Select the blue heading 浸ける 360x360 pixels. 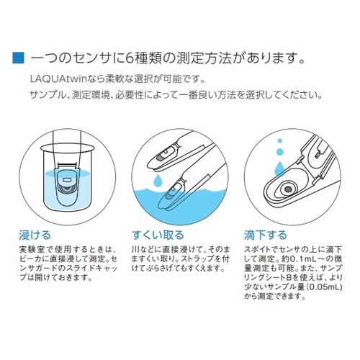(x=37, y=235)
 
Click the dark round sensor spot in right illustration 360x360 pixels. (x=288, y=189)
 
